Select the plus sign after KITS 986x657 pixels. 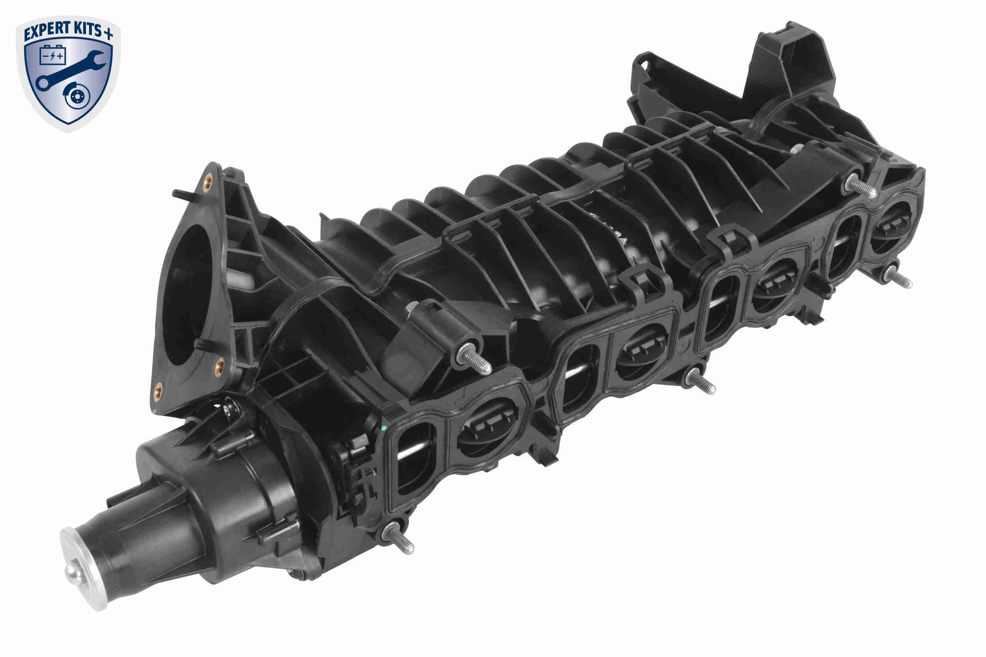coord(108,34)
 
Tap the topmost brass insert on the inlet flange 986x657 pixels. coord(207,183)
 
